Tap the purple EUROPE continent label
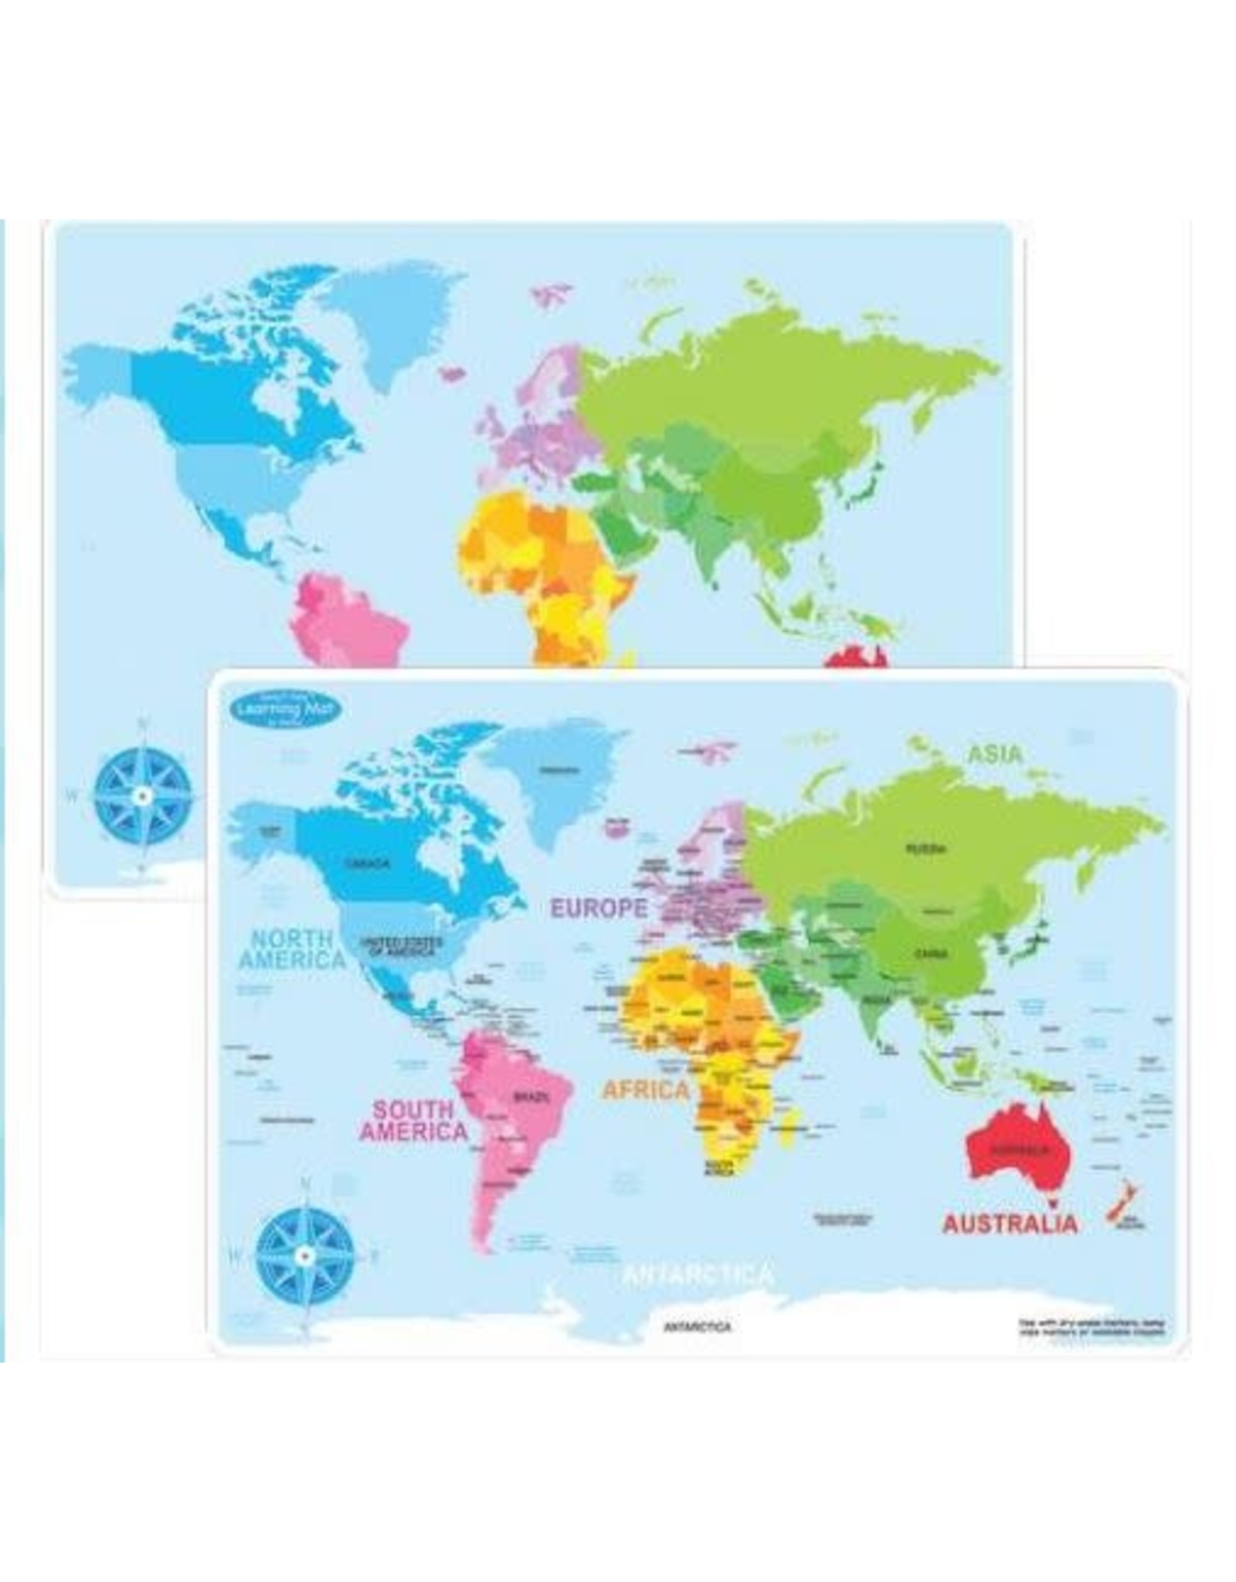pyautogui.click(x=599, y=908)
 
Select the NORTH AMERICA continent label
pyautogui.click(x=293, y=949)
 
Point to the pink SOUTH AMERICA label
pyautogui.click(x=413, y=1121)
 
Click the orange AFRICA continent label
pyautogui.click(x=645, y=1090)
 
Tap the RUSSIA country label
pyautogui.click(x=925, y=848)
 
